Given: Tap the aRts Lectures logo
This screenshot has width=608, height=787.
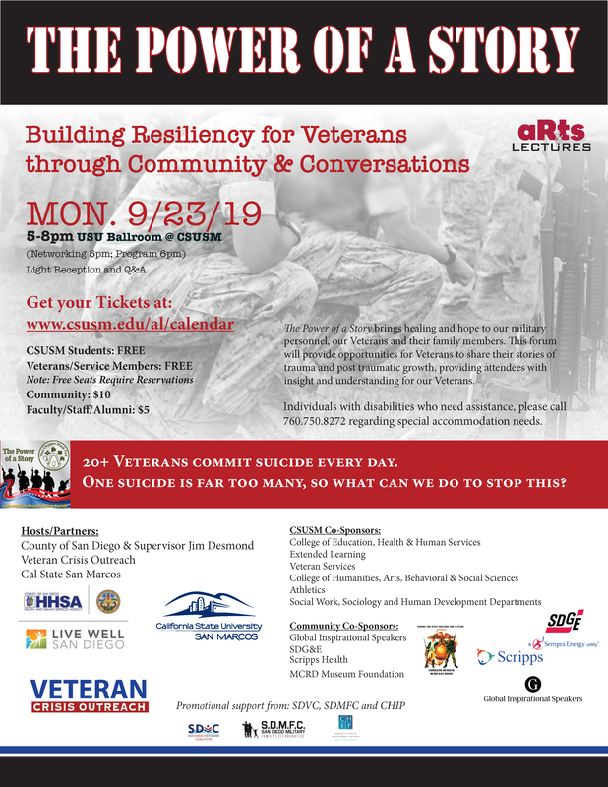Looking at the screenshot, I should click(551, 136).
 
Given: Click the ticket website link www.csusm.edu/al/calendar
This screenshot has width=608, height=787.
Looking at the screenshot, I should click(129, 324).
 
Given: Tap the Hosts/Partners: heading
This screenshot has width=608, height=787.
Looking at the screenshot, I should click(61, 531).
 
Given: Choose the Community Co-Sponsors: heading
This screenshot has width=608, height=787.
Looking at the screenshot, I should click(344, 626).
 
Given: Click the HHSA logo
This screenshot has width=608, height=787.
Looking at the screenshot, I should click(54, 602).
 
